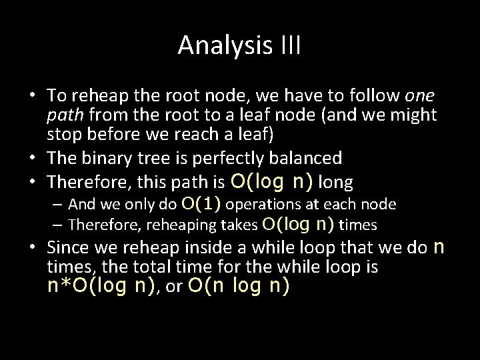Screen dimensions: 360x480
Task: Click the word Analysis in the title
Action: tap(222, 46)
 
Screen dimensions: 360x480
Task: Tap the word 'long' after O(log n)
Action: tap(336, 182)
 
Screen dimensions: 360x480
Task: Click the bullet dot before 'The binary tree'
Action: tap(34, 159)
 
